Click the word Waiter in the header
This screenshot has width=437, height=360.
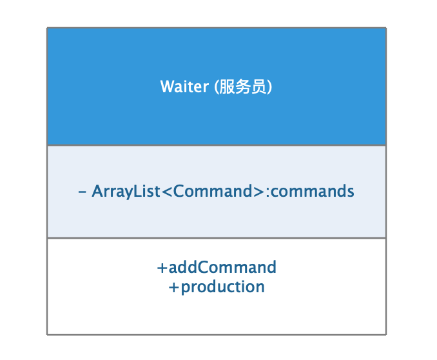(184, 87)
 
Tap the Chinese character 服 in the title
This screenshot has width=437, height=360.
(226, 87)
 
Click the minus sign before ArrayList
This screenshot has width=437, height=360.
(82, 192)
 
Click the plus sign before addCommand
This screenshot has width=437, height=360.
(162, 267)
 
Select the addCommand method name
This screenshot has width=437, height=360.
(222, 267)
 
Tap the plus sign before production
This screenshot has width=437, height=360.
(173, 287)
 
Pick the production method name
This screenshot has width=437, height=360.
(223, 287)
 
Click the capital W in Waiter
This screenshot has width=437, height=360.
(167, 87)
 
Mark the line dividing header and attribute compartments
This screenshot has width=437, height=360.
(217, 145)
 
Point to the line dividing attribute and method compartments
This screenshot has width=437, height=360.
(217, 238)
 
